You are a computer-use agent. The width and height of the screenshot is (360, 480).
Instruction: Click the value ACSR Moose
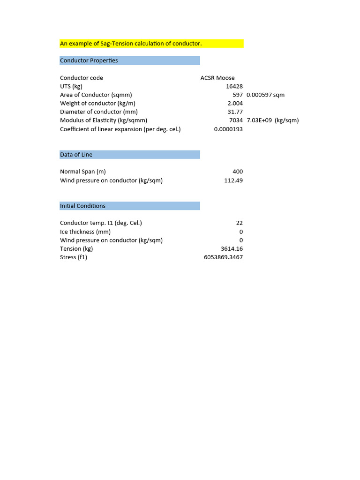[x=217, y=78]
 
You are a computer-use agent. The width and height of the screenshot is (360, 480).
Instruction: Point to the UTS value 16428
[x=234, y=86]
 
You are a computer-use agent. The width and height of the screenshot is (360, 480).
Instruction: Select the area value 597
[x=237, y=95]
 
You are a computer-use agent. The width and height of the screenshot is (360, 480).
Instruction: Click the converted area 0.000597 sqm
[x=265, y=95]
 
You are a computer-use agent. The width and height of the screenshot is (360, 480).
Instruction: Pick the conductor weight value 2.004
[x=235, y=103]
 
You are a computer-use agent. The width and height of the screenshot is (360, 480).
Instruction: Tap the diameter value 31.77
[x=235, y=112]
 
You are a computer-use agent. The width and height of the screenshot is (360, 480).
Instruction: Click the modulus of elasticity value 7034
[x=236, y=120]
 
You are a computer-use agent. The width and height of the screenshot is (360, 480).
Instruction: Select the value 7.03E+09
[x=259, y=120]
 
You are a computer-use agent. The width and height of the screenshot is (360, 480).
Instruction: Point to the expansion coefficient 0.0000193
[x=228, y=129]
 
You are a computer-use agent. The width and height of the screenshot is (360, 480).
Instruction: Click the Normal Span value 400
[x=237, y=172]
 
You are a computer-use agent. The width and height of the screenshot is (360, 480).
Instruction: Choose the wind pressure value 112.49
[x=233, y=180]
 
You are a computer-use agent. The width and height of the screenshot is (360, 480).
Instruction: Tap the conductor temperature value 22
[x=240, y=223]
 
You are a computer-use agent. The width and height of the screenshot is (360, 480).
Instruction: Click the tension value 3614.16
[x=232, y=249]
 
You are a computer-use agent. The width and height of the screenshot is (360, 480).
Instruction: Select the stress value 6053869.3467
[x=223, y=257]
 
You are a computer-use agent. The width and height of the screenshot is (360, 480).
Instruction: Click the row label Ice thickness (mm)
[x=85, y=232]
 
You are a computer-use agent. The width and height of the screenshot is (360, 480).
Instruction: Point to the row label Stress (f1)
[x=74, y=257]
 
